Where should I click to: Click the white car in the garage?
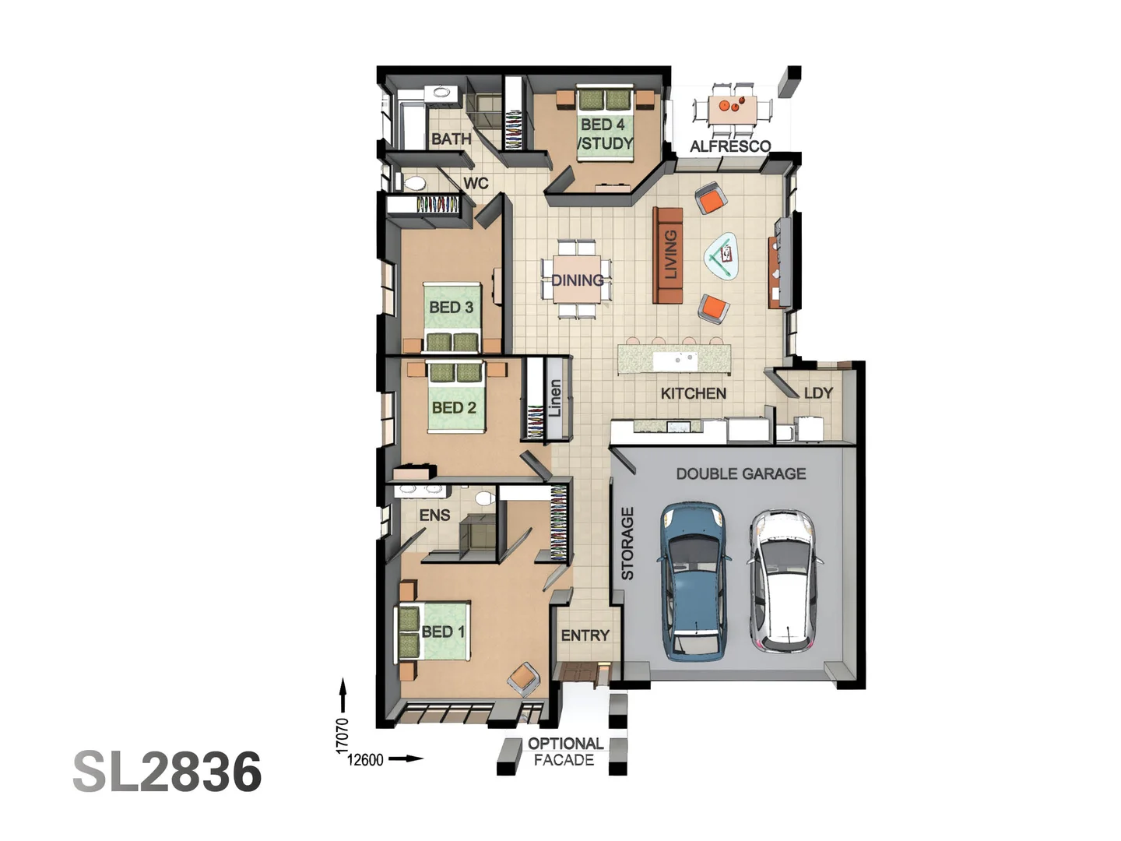pyautogui.click(x=783, y=581)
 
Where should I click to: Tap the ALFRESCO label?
pyautogui.click(x=729, y=146)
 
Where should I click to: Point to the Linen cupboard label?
pyautogui.click(x=555, y=398)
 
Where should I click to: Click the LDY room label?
pyautogui.click(x=817, y=393)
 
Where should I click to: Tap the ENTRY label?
pyautogui.click(x=585, y=635)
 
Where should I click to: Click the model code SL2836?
pyautogui.click(x=167, y=772)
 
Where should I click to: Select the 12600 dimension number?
pyautogui.click(x=365, y=760)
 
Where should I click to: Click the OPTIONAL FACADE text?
pyautogui.click(x=565, y=751)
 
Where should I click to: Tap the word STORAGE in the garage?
pyautogui.click(x=627, y=544)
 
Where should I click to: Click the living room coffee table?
pyautogui.click(x=721, y=255)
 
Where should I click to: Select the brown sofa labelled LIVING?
pyautogui.click(x=668, y=255)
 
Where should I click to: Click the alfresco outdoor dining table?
pyautogui.click(x=733, y=108)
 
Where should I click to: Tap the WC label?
pyautogui.click(x=476, y=183)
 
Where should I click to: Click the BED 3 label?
pyautogui.click(x=451, y=308)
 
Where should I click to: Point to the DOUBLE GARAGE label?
pyautogui.click(x=740, y=473)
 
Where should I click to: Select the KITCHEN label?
pyautogui.click(x=693, y=393)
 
